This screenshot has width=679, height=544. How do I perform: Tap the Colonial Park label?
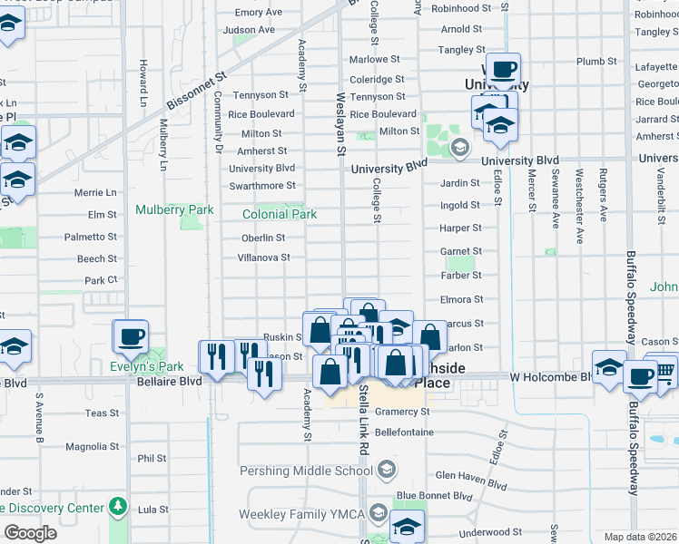[280, 215]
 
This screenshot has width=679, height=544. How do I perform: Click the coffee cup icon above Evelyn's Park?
[131, 337]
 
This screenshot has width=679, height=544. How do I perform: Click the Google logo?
[30, 533]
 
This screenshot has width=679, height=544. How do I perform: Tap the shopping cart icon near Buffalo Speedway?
[664, 369]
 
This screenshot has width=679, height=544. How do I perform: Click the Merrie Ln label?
[95, 193]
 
